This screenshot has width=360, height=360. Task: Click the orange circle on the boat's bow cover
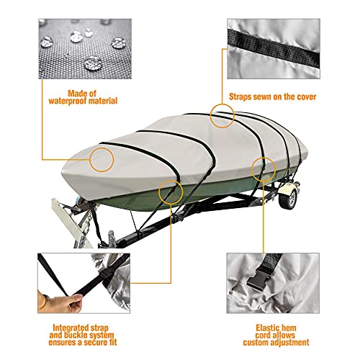[102, 158]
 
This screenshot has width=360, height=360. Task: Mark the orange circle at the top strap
[222, 113]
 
